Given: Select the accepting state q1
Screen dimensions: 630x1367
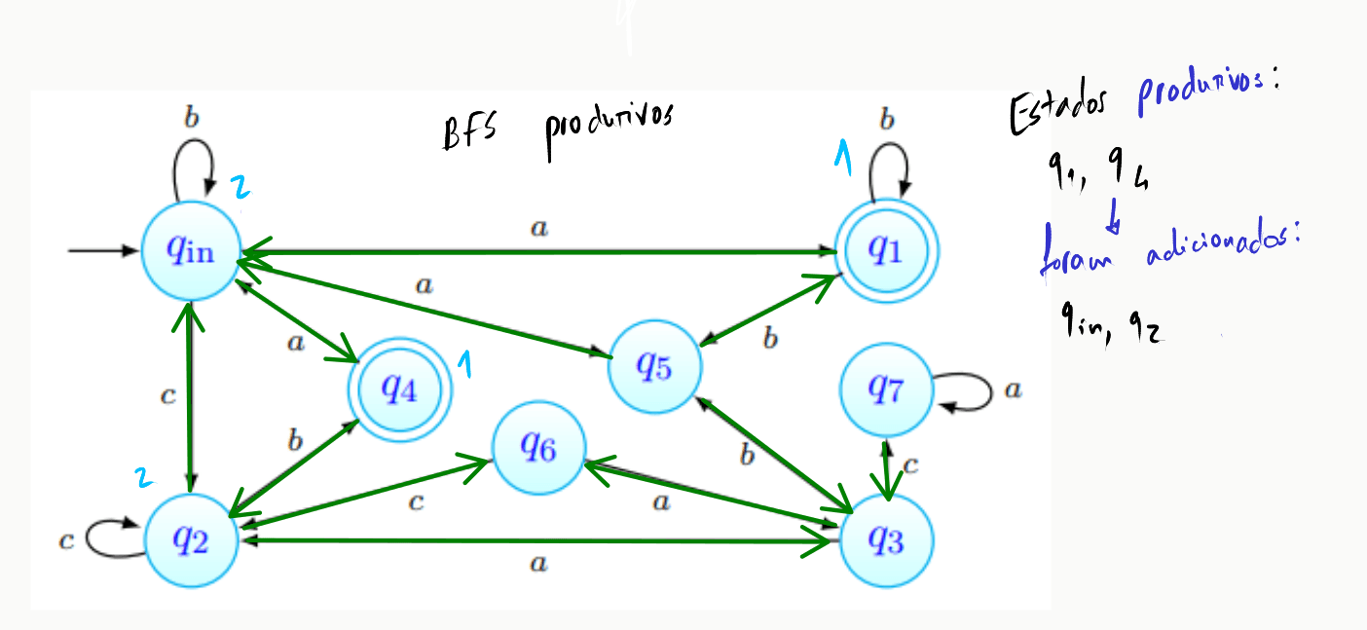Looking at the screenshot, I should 887,250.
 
